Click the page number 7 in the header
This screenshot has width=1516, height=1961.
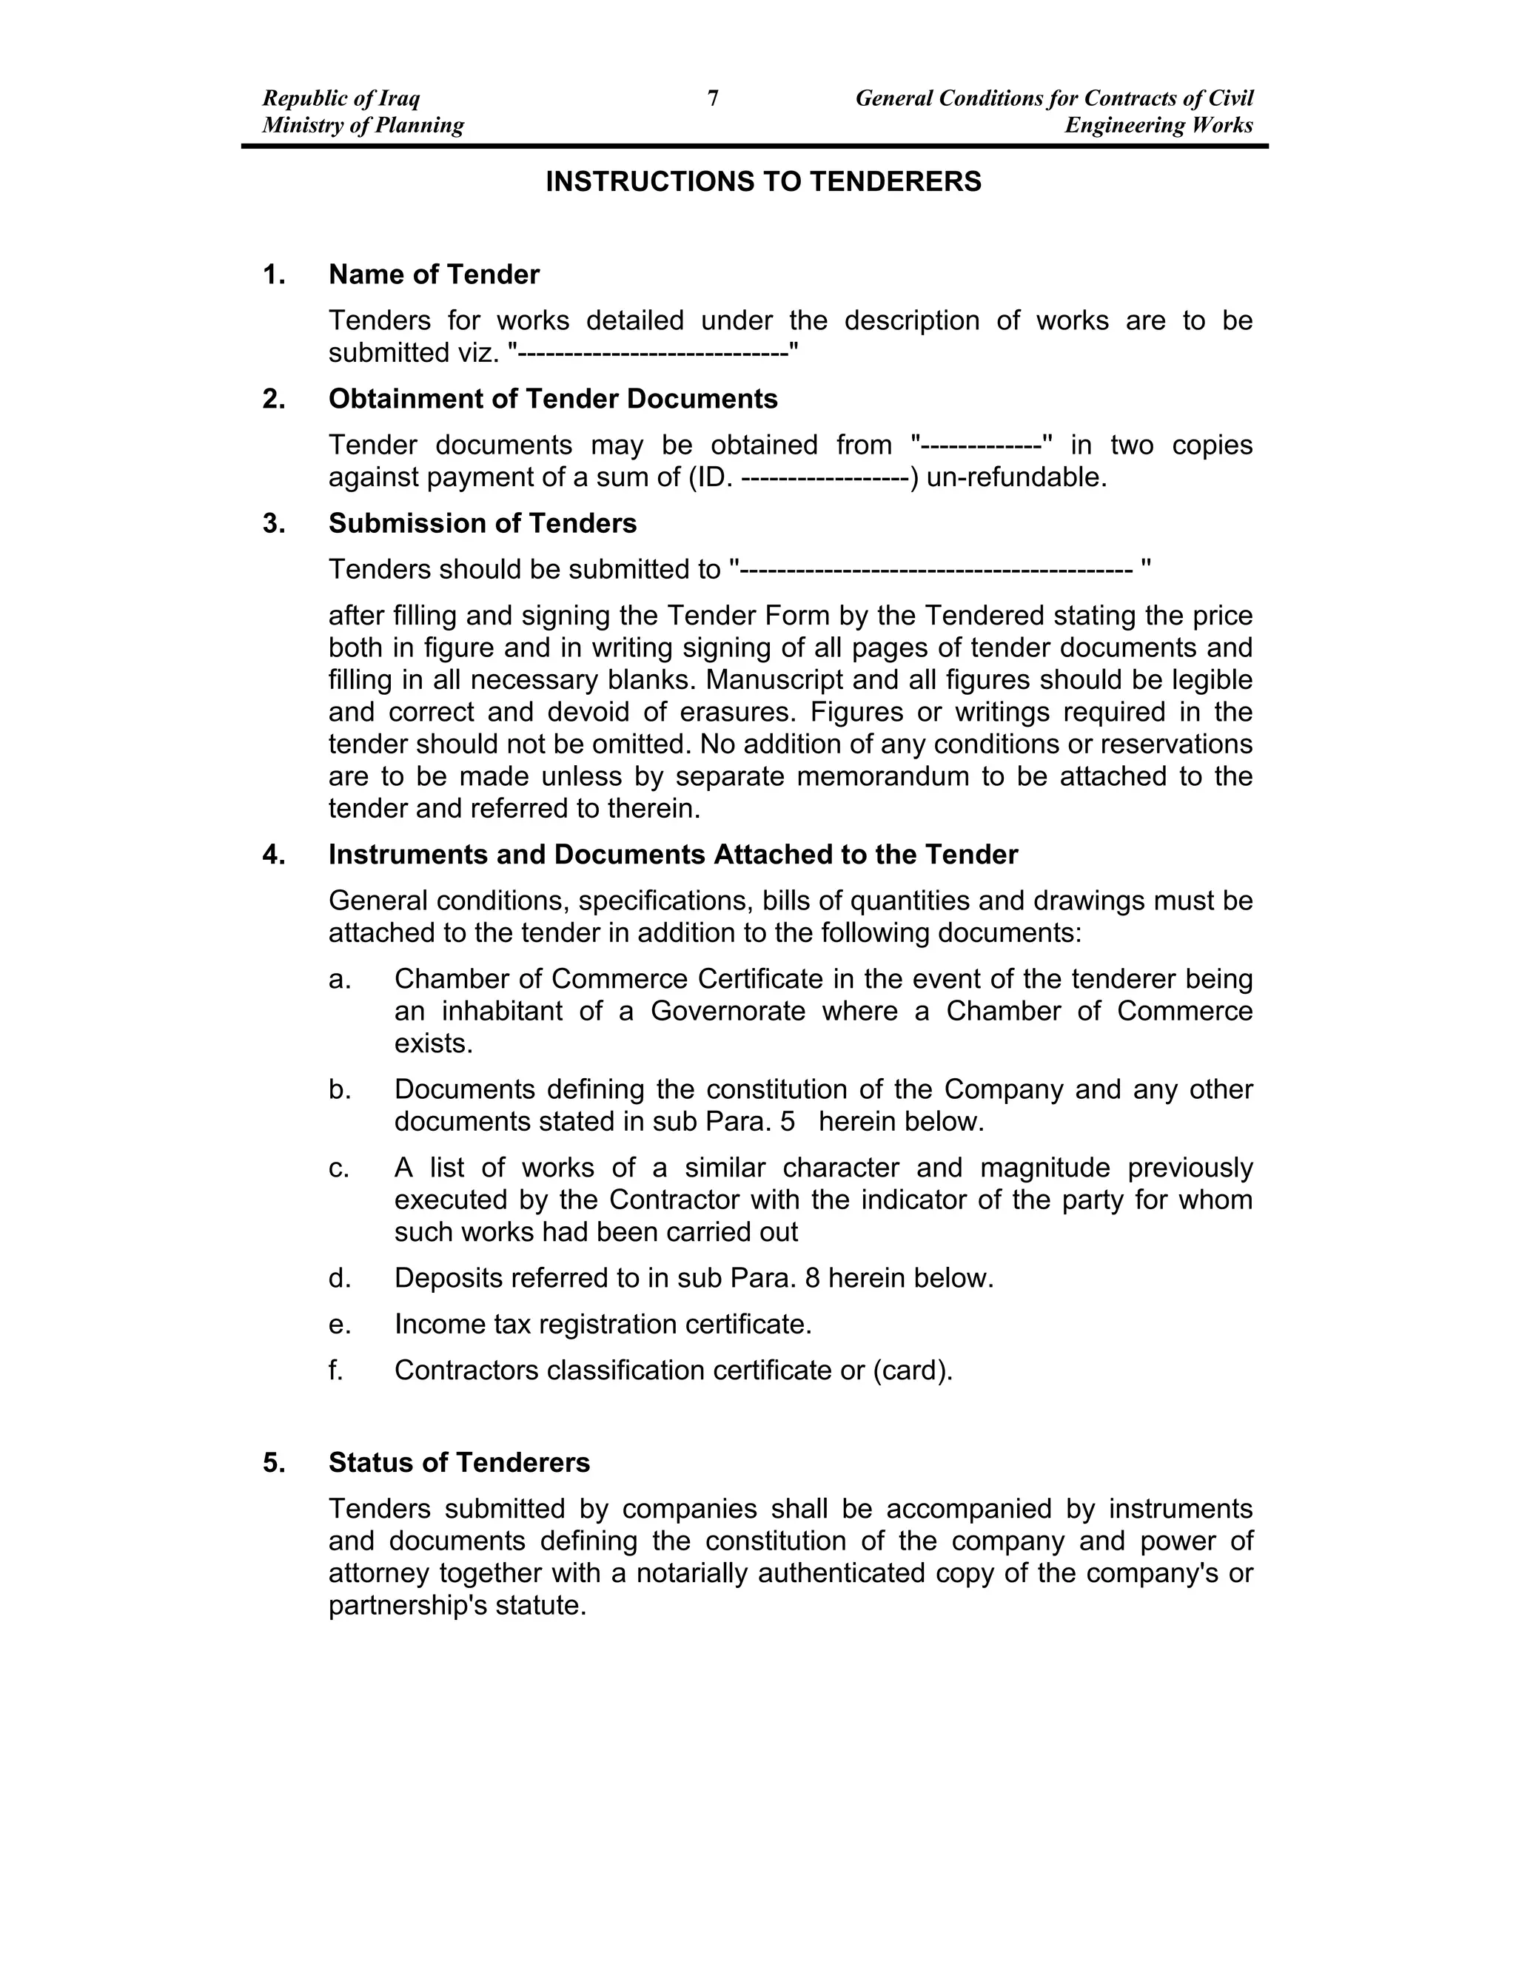[713, 98]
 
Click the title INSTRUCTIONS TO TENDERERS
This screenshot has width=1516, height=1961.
[763, 182]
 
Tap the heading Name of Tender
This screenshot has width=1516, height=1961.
[434, 275]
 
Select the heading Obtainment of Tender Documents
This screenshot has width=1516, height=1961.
[552, 399]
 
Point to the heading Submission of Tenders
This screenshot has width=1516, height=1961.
[483, 523]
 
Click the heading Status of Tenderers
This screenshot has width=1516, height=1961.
[459, 1463]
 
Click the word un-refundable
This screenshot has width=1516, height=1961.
[1016, 478]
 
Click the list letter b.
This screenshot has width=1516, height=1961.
[338, 1090]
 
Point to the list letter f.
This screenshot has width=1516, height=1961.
[336, 1371]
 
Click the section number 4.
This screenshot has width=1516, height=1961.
[273, 855]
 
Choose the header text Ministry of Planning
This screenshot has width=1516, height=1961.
[363, 125]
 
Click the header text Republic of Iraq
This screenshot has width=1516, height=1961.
[341, 98]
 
